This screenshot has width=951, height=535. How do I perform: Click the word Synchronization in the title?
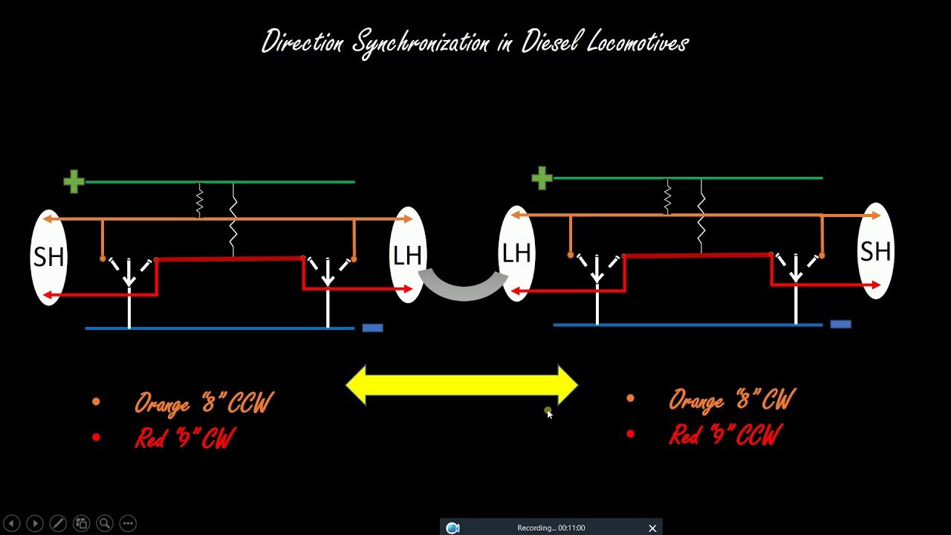[x=422, y=43]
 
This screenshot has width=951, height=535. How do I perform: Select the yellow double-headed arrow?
[x=461, y=385]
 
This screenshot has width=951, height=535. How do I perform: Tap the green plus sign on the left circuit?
[x=74, y=181]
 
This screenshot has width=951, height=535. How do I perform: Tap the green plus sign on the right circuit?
[x=542, y=178]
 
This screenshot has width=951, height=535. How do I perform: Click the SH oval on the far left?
[x=48, y=257]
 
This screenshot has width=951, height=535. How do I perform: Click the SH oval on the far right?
[x=875, y=251]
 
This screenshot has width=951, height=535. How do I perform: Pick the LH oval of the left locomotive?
[x=407, y=256]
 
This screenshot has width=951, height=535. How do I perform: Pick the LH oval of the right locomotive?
[x=517, y=253]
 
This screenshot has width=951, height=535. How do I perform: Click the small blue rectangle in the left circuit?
[x=372, y=328]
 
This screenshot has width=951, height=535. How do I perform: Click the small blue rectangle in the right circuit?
[x=840, y=324]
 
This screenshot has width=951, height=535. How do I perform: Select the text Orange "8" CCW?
[x=204, y=403]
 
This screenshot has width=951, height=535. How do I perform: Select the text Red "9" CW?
[x=185, y=438]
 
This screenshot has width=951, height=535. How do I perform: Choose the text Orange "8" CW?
[x=731, y=401]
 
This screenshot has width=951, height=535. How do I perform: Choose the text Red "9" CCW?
[x=725, y=435]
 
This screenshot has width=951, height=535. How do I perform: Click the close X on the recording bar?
[x=652, y=528]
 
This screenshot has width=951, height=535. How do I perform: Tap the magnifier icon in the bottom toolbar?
[x=105, y=523]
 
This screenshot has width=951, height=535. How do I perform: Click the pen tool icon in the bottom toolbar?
[x=58, y=523]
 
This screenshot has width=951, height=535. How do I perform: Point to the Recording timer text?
[x=551, y=528]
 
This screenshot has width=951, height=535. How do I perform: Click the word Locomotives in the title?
[x=637, y=43]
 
